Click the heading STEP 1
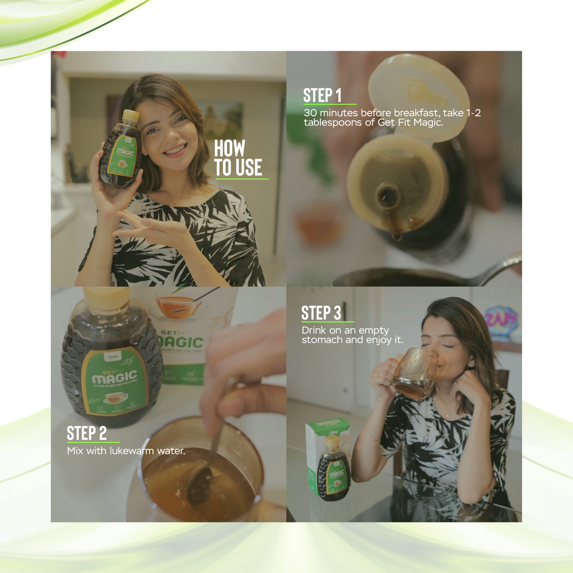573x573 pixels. [322, 96]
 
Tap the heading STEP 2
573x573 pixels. [86, 433]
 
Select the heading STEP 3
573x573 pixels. [321, 313]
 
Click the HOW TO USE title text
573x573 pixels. [238, 158]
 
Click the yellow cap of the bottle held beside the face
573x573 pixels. [130, 116]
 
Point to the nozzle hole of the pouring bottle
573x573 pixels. [388, 195]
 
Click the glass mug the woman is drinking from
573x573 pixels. [414, 373]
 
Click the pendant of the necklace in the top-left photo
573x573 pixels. [175, 203]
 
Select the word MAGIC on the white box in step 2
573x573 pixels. [182, 342]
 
